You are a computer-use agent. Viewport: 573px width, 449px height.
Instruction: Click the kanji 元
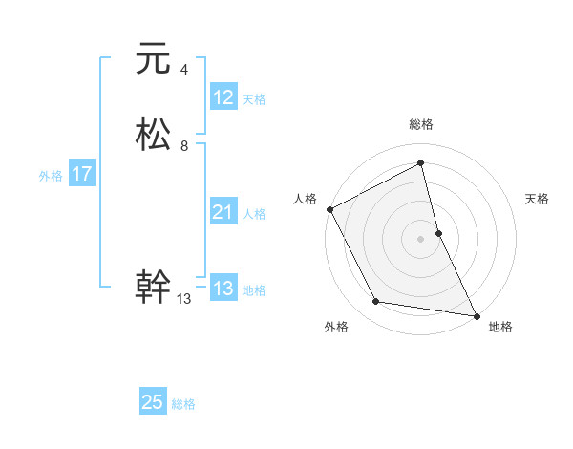(153, 59)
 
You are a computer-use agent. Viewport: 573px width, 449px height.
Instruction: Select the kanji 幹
(153, 287)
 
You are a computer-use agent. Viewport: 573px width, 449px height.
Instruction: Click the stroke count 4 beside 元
(183, 69)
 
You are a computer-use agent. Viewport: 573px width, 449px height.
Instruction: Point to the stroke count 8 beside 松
(183, 146)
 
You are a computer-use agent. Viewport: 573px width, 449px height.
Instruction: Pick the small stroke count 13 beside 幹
(184, 299)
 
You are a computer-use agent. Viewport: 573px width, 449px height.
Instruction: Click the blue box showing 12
(223, 97)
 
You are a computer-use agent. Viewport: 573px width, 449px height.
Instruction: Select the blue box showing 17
(82, 174)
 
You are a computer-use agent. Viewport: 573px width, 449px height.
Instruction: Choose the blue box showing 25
(153, 402)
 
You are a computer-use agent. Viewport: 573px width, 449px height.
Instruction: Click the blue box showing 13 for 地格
(223, 289)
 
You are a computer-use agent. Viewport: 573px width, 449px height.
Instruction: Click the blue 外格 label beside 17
(51, 176)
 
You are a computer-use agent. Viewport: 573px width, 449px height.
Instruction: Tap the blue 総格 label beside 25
(183, 404)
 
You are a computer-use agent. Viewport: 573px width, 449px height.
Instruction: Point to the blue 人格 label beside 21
(255, 214)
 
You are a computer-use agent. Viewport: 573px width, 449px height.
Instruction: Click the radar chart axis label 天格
(537, 199)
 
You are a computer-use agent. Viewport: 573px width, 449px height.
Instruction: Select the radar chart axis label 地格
(500, 327)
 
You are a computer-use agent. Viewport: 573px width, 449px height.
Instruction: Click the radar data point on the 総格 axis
(421, 163)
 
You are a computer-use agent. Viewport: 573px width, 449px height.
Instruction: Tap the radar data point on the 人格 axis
(329, 209)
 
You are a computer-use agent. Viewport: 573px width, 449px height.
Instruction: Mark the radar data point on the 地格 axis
(476, 314)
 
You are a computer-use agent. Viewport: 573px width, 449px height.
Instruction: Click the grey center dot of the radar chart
(421, 239)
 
